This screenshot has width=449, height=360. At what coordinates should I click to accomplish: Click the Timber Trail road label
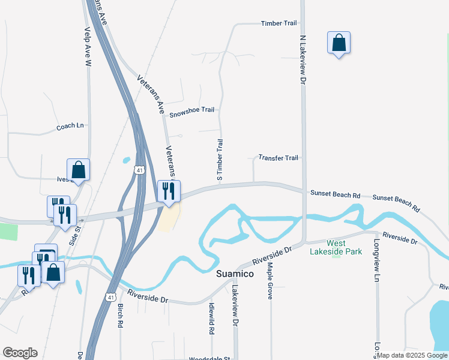pos(279,23)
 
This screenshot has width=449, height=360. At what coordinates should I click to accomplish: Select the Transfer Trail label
pos(278,158)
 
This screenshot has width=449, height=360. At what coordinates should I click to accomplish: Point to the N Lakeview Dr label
pos(303,58)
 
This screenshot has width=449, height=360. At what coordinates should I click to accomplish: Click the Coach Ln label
pos(70,127)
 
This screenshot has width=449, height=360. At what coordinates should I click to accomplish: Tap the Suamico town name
pos(235,274)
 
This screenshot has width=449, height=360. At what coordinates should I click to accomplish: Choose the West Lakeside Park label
pos(336,247)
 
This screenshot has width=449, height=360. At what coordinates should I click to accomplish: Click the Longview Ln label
pos(377,261)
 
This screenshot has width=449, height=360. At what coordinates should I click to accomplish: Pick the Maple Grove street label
pos(270,280)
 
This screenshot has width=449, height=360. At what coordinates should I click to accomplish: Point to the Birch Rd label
pos(120,315)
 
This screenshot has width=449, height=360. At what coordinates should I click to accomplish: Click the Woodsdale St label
pos(209,359)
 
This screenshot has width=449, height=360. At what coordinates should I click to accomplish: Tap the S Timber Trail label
pos(220,160)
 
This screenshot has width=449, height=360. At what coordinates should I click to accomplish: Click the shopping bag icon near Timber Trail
pos(339,43)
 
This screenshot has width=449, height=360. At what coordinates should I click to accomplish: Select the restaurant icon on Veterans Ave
pos(169,191)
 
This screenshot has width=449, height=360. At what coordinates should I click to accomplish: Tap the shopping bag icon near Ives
pos(78,170)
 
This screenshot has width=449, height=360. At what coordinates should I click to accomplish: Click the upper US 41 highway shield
pos(139,171)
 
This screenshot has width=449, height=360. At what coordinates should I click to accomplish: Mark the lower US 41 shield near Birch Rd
pos(110,296)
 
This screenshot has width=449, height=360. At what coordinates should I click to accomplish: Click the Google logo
pos(20,353)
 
